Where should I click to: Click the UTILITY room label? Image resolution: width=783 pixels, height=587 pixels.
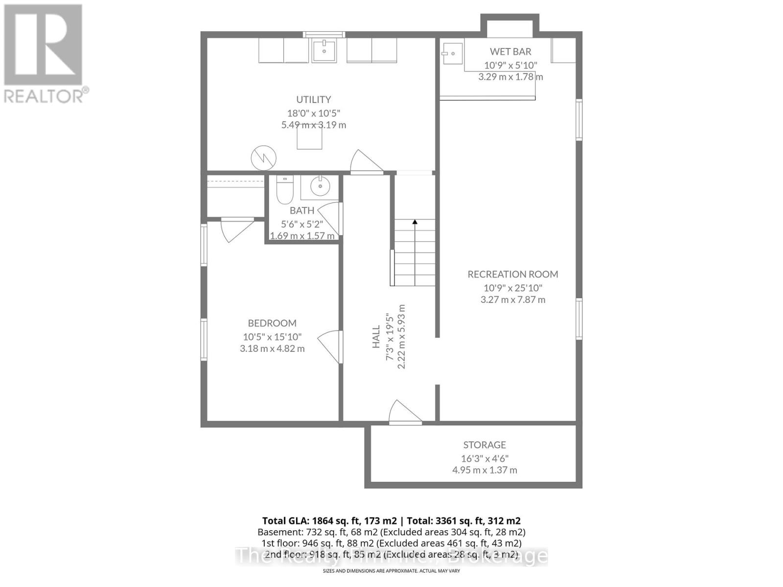click(313, 99)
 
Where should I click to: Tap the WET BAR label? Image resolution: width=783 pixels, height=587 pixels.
click(510, 51)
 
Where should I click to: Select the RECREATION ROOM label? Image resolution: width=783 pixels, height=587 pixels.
click(512, 274)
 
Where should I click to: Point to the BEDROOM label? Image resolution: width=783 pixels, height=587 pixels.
click(272, 323)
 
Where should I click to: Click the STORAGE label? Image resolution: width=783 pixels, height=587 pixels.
click(484, 445)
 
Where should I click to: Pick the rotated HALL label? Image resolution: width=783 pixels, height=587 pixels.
click(376, 337)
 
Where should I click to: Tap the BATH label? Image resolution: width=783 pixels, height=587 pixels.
click(302, 210)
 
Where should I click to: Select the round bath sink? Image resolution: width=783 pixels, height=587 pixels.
click(321, 186)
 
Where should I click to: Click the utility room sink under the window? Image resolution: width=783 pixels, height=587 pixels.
click(324, 50)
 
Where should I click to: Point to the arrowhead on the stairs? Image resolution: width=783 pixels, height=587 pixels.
click(415, 222)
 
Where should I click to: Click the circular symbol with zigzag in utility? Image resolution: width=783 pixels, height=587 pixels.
click(263, 158)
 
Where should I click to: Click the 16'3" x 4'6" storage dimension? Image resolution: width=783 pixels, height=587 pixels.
click(484, 458)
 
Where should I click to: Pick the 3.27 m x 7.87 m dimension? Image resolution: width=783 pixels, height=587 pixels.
click(512, 299)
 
